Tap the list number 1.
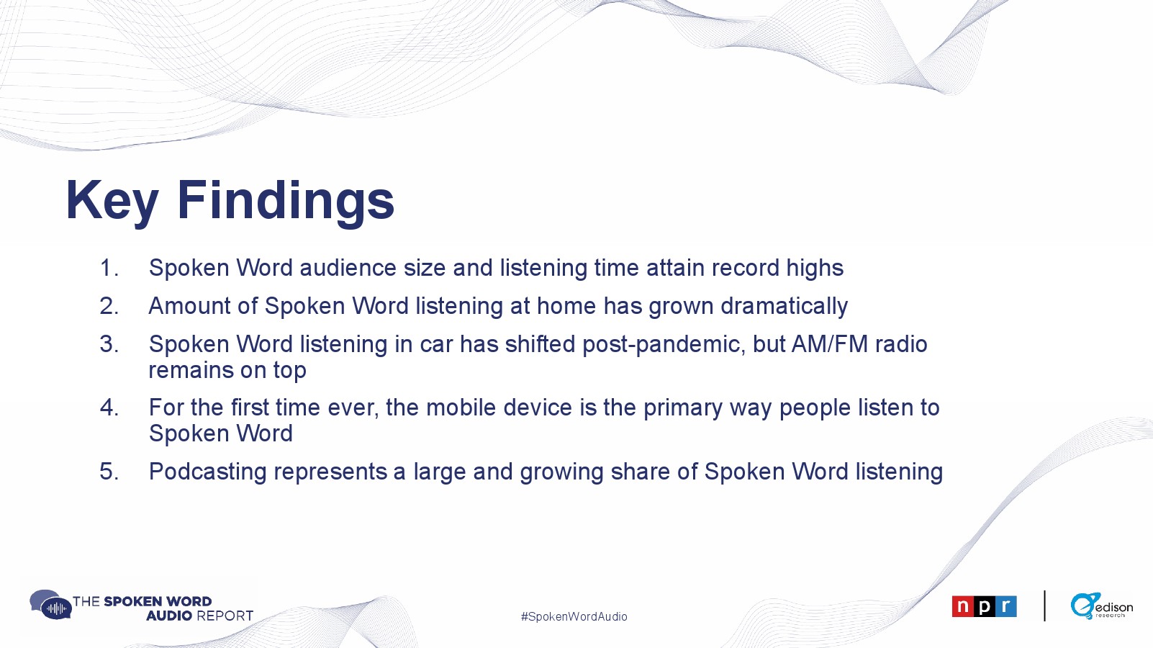pyautogui.click(x=109, y=268)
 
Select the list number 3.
pyautogui.click(x=109, y=344)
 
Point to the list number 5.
pyautogui.click(x=109, y=472)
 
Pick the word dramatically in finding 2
pyautogui.click(x=784, y=307)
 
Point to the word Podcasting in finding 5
pyautogui.click(x=207, y=472)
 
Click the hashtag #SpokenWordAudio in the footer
pyautogui.click(x=574, y=616)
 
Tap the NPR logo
pyautogui.click(x=984, y=606)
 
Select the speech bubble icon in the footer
pyautogui.click(x=50, y=605)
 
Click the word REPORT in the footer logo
pyautogui.click(x=225, y=616)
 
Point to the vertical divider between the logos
pyautogui.click(x=1044, y=606)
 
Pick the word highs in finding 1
pyautogui.click(x=815, y=269)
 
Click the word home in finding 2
pyautogui.click(x=566, y=306)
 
